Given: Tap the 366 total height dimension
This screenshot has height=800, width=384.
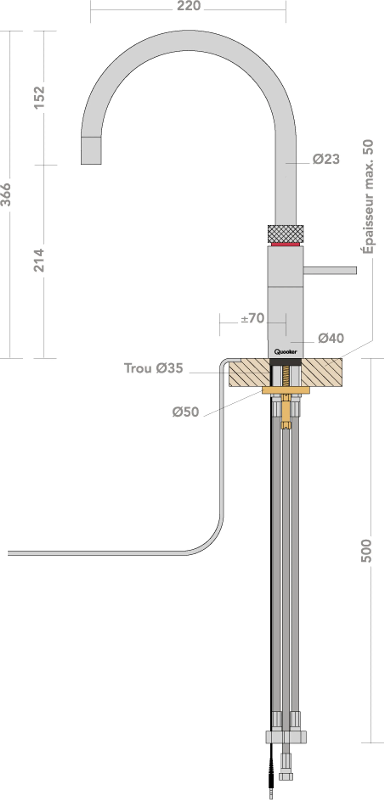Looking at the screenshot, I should pyautogui.click(x=6, y=195).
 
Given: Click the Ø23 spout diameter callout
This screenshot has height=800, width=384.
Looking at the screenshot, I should pyautogui.click(x=326, y=159).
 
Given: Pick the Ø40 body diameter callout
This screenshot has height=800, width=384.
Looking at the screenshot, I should pyautogui.click(x=331, y=338).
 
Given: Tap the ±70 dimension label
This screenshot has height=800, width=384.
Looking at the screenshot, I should pyautogui.click(x=252, y=318).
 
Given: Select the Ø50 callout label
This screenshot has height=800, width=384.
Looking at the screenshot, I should pyautogui.click(x=186, y=412).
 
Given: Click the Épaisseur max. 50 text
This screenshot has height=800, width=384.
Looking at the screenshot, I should pyautogui.click(x=368, y=196).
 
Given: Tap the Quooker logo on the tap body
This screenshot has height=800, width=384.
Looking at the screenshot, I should pyautogui.click(x=286, y=352).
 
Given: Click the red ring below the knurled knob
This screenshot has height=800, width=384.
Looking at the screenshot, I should pyautogui.click(x=286, y=244).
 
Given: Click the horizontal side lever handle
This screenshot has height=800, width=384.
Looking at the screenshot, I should pyautogui.click(x=330, y=271).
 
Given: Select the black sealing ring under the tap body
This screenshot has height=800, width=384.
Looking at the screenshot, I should pyautogui.click(x=286, y=362).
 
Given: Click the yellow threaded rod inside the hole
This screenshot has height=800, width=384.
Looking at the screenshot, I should pyautogui.click(x=286, y=376).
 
